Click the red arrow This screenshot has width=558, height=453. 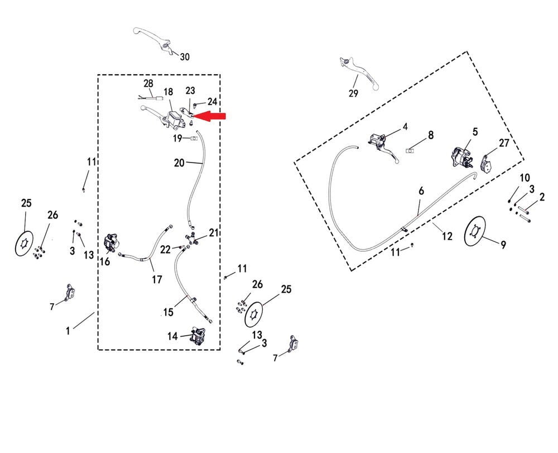pyautogui.click(x=212, y=116)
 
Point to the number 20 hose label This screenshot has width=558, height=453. pyautogui.click(x=179, y=163)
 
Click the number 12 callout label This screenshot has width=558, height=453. pyautogui.click(x=447, y=236)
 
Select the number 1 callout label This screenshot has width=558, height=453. pyautogui.click(x=68, y=331)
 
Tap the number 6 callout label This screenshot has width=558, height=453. pyautogui.click(x=421, y=191)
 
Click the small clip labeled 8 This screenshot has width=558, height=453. pyautogui.click(x=412, y=149)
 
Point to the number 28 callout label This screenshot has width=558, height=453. pyautogui.click(x=148, y=83)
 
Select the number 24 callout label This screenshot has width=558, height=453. pyautogui.click(x=212, y=102)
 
